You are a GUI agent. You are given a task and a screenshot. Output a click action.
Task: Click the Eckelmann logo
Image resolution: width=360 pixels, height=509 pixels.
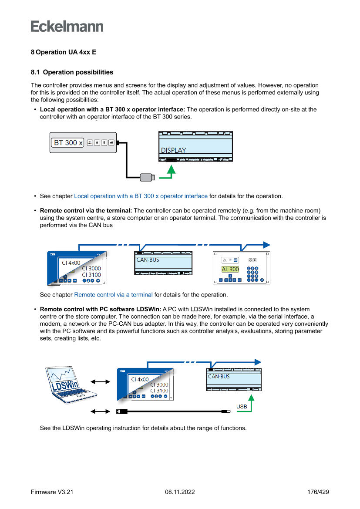pyautogui.click(x=67, y=27)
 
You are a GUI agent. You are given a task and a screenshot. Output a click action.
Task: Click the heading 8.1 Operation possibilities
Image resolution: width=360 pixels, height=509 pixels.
pyautogui.click(x=72, y=72)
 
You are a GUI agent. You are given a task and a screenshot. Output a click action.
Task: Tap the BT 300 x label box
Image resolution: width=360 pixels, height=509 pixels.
pyautogui.click(x=68, y=142)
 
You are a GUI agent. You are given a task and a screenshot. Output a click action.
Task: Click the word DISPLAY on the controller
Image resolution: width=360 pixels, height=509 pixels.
pyautogui.click(x=173, y=150)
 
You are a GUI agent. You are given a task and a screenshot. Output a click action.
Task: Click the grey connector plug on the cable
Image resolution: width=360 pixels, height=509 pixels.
pyautogui.click(x=147, y=177)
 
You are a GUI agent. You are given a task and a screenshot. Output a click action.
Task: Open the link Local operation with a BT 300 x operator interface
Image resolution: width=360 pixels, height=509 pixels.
pyautogui.click(x=141, y=196)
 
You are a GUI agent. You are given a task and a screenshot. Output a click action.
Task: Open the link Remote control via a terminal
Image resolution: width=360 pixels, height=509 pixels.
pyautogui.click(x=113, y=295)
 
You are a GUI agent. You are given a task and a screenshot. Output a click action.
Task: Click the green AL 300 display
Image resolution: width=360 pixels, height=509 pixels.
pyautogui.click(x=230, y=269)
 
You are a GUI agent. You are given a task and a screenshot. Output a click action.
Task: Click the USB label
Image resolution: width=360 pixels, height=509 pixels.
pyautogui.click(x=242, y=407)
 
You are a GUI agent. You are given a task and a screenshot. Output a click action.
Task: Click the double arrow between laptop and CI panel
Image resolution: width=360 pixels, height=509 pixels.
pyautogui.click(x=100, y=382)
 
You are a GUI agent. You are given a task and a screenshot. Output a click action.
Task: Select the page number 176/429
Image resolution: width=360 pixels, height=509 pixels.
pyautogui.click(x=318, y=492)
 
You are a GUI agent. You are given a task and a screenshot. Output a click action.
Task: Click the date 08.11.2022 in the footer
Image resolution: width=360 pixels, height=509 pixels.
pyautogui.click(x=180, y=492)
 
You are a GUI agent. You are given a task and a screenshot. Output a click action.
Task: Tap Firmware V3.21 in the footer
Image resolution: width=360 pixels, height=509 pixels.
pyautogui.click(x=52, y=492)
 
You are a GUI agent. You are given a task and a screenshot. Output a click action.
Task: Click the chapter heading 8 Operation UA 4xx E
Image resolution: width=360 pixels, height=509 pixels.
pyautogui.click(x=64, y=52)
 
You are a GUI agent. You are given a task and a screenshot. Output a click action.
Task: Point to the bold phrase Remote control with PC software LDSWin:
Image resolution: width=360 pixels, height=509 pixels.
pyautogui.click(x=101, y=309)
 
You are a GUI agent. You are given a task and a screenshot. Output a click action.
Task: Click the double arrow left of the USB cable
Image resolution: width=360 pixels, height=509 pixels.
pyautogui.click(x=100, y=411)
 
